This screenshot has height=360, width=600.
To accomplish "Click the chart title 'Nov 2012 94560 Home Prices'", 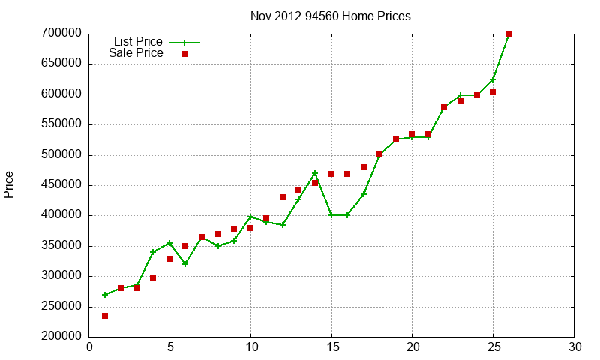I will [331, 16].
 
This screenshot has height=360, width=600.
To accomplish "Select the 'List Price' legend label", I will [137, 42].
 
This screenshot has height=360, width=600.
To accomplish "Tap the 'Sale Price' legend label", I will [136, 53].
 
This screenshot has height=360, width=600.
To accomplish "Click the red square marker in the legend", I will [184, 54].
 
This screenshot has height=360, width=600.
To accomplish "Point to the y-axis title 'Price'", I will [9, 184].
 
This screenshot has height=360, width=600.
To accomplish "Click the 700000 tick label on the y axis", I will [61, 34].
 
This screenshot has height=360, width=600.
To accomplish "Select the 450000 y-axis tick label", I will [61, 185].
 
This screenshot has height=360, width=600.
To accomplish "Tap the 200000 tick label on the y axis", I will [61, 337].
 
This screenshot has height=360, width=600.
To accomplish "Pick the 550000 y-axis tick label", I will [61, 124].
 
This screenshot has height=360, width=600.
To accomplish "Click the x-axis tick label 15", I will [331, 346].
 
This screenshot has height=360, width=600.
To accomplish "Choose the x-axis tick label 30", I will [574, 346].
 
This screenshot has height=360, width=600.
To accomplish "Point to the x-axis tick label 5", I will [169, 346].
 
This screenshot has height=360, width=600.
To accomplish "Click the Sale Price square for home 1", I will [105, 316].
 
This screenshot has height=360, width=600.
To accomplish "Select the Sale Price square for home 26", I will [509, 34].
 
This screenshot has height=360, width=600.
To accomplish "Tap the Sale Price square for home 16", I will [347, 174].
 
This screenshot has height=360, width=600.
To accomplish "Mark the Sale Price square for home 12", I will [283, 197].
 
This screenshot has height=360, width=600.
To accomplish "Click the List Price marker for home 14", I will [315, 173].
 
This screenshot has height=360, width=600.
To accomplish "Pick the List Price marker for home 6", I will [185, 264].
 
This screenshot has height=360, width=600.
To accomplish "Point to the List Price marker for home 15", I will [331, 215].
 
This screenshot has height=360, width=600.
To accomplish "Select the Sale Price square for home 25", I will [493, 91].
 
